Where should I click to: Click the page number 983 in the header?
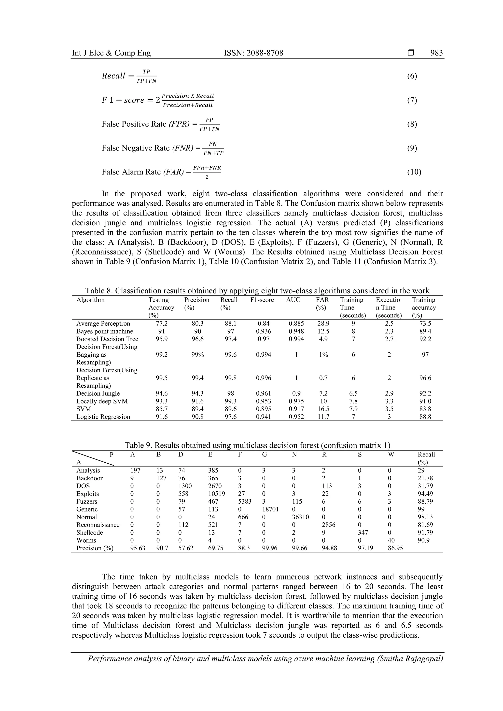click(x=436, y=53)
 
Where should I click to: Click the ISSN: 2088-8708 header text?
click(x=253, y=53)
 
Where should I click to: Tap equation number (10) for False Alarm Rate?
click(x=414, y=172)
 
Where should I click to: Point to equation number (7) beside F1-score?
click(x=412, y=100)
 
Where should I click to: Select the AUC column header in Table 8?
click(x=293, y=300)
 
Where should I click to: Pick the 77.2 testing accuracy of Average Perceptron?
click(x=161, y=324)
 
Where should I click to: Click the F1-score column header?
click(x=262, y=300)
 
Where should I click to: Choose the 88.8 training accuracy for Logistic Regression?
click(x=425, y=417)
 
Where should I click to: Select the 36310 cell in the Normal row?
click(x=300, y=517)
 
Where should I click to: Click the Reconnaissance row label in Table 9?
click(x=98, y=524)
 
